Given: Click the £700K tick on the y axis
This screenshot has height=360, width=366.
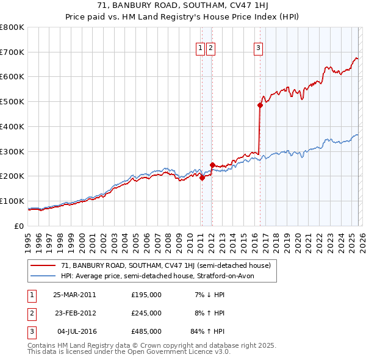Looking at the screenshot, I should pos(12,52).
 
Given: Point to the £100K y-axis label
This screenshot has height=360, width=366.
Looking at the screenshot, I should pos(12,201).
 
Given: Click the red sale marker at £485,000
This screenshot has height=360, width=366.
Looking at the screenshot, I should pos(260,105).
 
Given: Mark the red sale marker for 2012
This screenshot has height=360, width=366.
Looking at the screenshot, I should pos(212,165).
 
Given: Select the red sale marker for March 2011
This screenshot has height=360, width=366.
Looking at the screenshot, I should pos(203,178).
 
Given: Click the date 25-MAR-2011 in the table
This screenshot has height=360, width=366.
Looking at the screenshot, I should pos(74,295).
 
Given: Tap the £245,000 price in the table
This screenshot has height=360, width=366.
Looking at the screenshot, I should pos(146,313).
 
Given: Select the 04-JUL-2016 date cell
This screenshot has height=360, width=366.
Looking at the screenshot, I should pos(74,331).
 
